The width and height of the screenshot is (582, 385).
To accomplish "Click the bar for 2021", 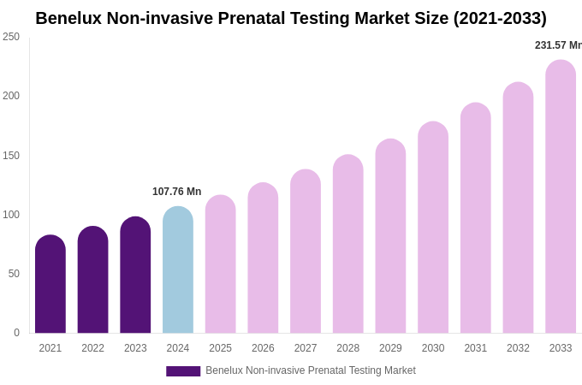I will tap(50, 284).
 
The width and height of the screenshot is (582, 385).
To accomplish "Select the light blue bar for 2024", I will tap(178, 269).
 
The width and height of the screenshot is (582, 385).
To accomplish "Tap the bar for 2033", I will tap(561, 197).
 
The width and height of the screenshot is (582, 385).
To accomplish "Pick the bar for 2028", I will tap(347, 244).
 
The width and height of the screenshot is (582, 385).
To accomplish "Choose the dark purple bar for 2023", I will tap(135, 275).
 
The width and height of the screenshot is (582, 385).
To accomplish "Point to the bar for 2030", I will tap(433, 228).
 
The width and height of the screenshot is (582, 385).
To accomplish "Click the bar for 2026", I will tap(263, 258).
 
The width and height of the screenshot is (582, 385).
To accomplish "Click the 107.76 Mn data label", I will tap(176, 192).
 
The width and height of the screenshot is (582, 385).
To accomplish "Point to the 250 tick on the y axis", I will tap(11, 37).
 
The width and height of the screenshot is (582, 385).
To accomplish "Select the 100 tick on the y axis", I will tap(11, 215).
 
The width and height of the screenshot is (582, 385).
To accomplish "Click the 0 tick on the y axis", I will tap(16, 333).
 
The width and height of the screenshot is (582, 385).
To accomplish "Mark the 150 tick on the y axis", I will tap(11, 156).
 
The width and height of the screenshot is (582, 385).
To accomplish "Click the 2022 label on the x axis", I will tap(92, 348).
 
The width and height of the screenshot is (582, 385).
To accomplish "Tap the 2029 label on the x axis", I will tap(390, 348).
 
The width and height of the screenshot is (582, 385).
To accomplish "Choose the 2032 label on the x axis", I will tap(518, 348).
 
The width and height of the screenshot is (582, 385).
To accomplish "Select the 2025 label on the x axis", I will tap(220, 348).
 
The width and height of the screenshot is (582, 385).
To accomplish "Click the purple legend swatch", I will tap(183, 371).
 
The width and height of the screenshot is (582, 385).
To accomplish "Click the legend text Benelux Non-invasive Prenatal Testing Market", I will tap(310, 370).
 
